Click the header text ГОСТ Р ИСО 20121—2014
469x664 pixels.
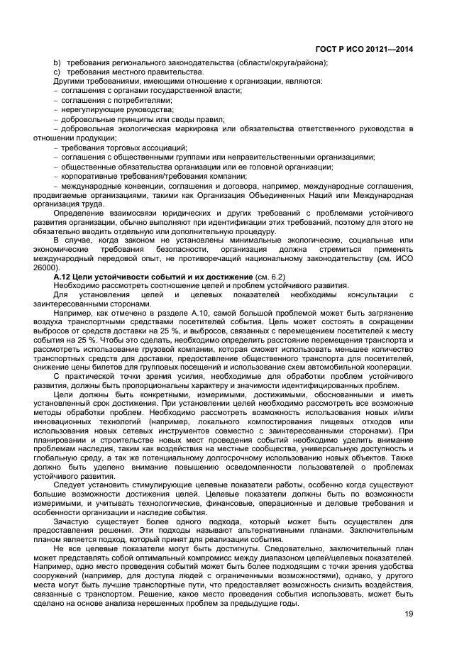point(364,49)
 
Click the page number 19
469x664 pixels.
point(407,614)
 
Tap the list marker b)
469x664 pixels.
point(57,62)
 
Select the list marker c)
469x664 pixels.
point(57,72)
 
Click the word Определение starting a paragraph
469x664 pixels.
point(89,212)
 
